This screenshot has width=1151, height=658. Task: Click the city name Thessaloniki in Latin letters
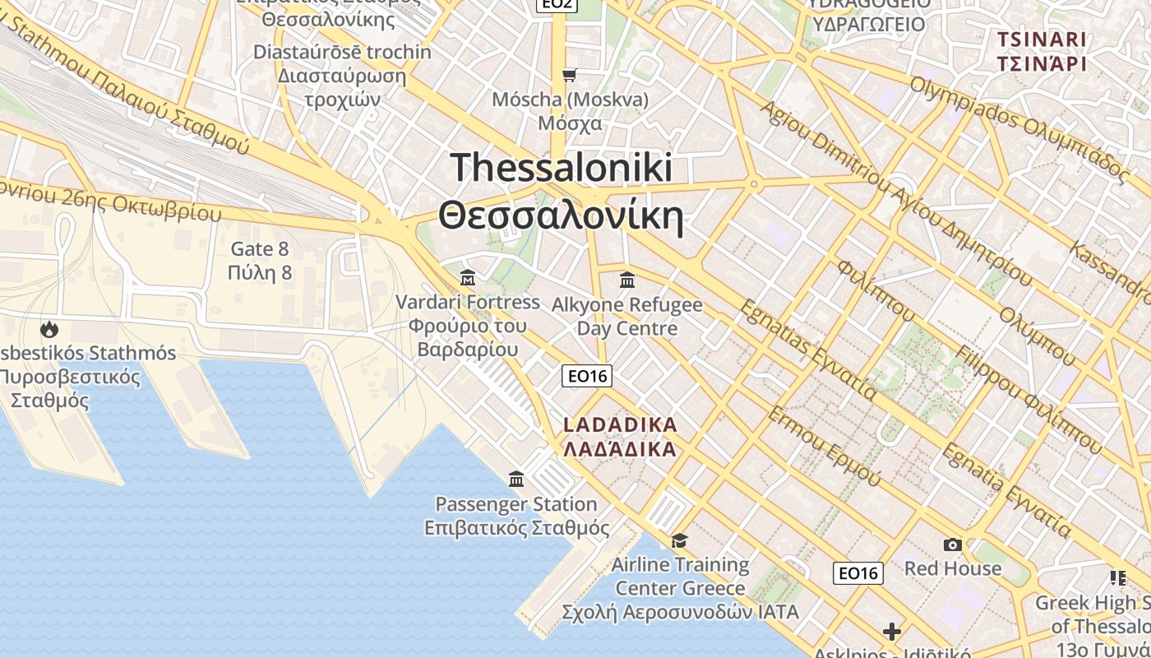[562, 168]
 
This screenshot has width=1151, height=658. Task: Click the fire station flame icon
[49, 330]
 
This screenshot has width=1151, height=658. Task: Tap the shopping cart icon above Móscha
[570, 76]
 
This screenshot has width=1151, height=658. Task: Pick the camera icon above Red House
[953, 544]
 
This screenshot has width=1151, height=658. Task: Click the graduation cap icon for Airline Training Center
[679, 540]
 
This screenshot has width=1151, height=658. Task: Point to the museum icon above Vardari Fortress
[468, 278]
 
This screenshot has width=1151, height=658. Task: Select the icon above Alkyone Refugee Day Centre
[627, 280]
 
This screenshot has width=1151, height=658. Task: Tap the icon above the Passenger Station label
[516, 479]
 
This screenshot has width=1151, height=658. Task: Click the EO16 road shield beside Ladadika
[587, 376]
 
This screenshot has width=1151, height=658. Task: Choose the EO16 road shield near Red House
[858, 572]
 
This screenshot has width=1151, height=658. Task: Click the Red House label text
[953, 568]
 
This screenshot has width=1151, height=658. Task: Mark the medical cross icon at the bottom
[892, 632]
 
